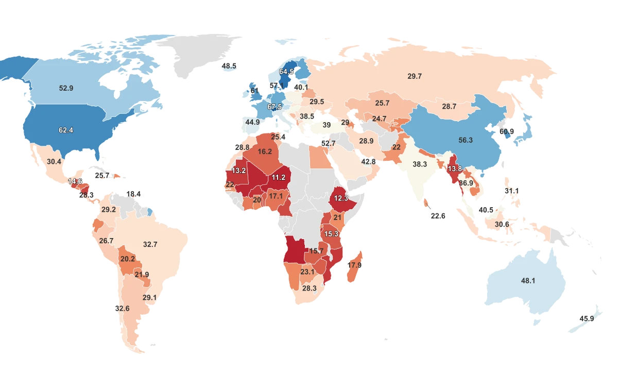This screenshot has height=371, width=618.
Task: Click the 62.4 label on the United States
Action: [x=66, y=130]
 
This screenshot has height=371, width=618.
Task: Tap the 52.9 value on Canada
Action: [x=66, y=88]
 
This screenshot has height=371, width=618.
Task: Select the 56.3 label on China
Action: [x=466, y=140]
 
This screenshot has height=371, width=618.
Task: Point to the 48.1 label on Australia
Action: [x=528, y=281]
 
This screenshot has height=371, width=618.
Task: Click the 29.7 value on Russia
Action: [x=415, y=76]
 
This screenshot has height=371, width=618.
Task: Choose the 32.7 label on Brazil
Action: [x=150, y=244]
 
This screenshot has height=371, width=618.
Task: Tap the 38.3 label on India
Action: [x=420, y=164]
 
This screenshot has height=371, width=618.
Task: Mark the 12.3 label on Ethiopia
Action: [x=341, y=198]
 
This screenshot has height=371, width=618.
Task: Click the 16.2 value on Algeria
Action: [x=265, y=151]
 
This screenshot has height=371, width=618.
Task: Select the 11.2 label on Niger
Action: [x=278, y=177]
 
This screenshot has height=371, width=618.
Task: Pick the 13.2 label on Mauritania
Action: [x=238, y=171]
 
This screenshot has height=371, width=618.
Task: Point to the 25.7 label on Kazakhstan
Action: [x=382, y=103]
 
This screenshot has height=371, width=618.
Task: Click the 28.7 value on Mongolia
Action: [x=449, y=106]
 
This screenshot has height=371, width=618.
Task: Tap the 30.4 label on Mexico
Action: [x=54, y=161]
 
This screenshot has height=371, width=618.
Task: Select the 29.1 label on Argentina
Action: [x=149, y=297]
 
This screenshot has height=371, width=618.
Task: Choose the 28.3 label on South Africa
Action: [x=309, y=288]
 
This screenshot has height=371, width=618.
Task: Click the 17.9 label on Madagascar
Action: [x=355, y=265]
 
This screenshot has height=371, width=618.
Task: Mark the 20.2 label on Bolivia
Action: [x=127, y=259]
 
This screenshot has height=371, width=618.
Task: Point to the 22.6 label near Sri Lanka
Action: [x=438, y=216]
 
